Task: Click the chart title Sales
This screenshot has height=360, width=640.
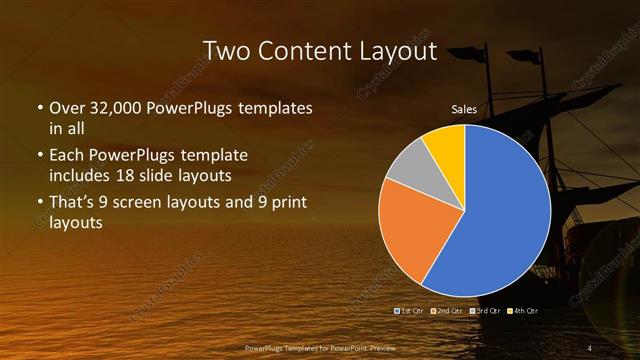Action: (464, 109)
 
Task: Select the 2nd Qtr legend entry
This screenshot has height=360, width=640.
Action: (447, 311)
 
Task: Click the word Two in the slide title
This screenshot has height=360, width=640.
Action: (227, 50)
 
